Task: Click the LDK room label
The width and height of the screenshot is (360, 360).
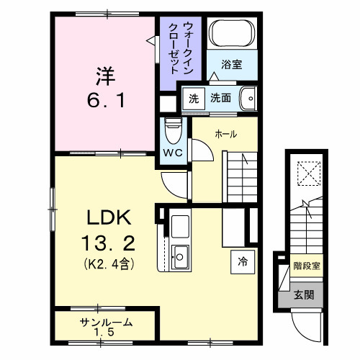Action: coord(107,218)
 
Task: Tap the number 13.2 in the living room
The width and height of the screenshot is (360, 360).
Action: coord(107,241)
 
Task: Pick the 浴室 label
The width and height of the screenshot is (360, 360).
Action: coord(231,65)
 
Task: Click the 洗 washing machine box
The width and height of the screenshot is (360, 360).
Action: coord(192,97)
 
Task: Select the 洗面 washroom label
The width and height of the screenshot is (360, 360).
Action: coord(221,97)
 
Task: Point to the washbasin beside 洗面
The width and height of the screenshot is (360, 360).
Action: coord(247,96)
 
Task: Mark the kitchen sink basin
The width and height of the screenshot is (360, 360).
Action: coord(180,254)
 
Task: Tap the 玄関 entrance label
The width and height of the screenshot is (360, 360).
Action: coord(303,295)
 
